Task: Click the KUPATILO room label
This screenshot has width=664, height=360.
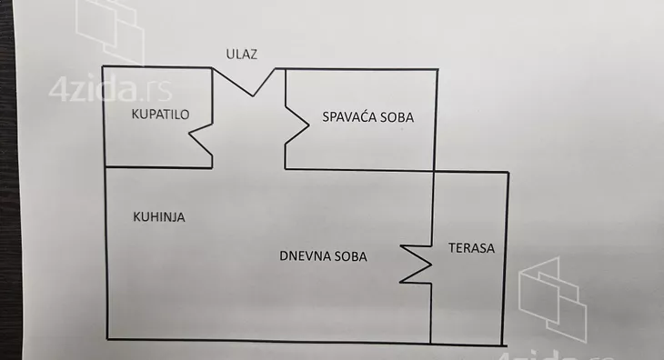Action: click(160, 116)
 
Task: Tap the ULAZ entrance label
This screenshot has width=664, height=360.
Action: click(243, 54)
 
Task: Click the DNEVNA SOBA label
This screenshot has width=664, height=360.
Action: click(323, 256)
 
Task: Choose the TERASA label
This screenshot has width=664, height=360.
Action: click(471, 248)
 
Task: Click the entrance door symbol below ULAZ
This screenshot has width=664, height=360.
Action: click(249, 80)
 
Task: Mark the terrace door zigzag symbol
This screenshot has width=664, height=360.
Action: click(416, 261)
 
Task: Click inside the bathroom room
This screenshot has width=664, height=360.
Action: click(150, 141)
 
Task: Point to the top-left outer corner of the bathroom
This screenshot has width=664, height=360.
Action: click(103, 67)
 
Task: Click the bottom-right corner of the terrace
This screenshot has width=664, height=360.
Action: click(507, 343)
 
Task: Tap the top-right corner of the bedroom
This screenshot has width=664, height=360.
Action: click(437, 68)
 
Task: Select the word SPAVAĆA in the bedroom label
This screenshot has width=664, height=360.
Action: click(345, 116)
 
